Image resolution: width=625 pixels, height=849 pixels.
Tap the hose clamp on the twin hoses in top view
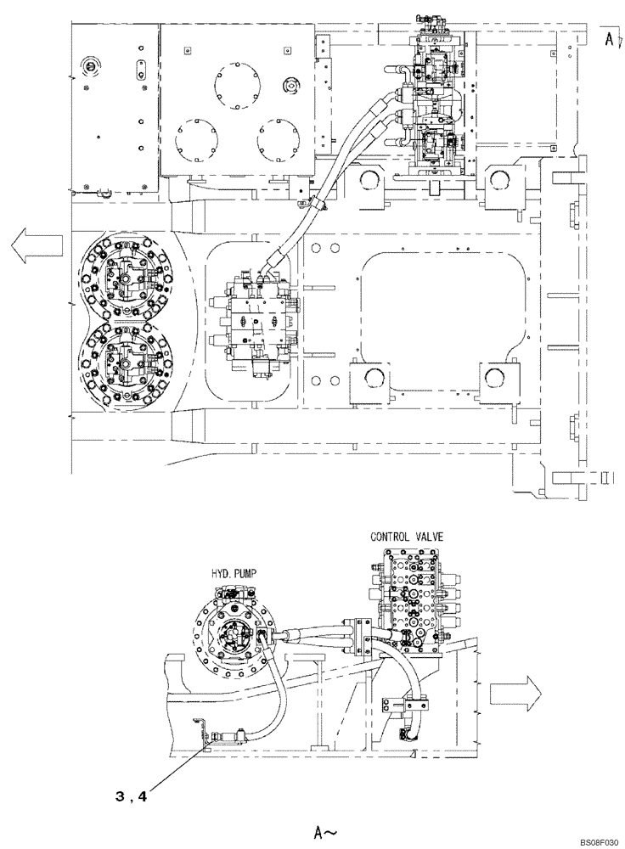315,205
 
